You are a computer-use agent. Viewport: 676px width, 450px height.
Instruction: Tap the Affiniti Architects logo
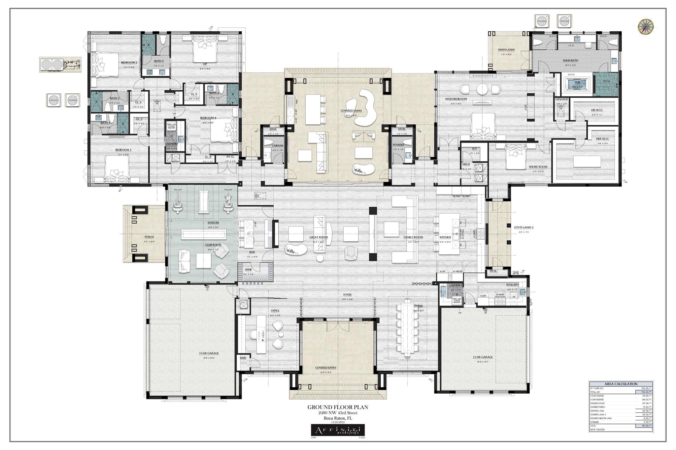click(x=338, y=430)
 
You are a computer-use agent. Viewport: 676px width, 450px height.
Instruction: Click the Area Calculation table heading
click(x=621, y=384)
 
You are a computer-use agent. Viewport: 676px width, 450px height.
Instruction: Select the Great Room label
click(x=318, y=237)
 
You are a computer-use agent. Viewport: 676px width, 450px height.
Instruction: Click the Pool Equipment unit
click(x=60, y=64)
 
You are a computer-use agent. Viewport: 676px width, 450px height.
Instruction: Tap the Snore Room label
click(x=538, y=167)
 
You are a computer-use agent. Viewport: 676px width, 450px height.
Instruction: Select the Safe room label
click(x=243, y=358)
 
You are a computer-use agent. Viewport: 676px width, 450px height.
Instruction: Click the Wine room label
click(x=248, y=269)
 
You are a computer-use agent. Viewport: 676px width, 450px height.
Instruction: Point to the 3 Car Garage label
click(x=209, y=353)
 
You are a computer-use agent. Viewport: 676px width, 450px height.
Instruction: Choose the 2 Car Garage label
click(x=482, y=357)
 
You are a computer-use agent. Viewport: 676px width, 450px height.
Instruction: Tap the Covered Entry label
click(x=325, y=368)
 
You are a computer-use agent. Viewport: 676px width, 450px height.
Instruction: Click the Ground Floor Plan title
click(x=337, y=407)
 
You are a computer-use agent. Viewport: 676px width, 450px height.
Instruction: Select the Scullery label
click(x=512, y=285)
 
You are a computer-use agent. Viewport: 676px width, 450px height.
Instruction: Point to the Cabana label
click(x=277, y=145)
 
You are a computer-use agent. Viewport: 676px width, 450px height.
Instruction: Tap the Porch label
click(x=149, y=237)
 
